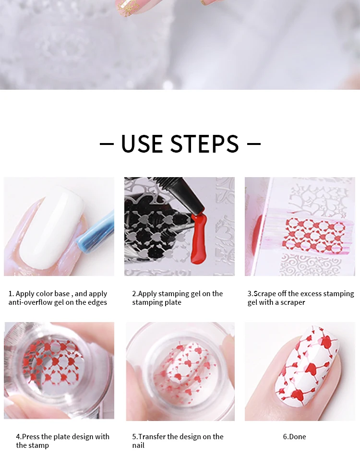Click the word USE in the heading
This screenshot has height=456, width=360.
[x=142, y=144]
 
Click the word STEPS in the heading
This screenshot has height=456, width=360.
[x=204, y=144]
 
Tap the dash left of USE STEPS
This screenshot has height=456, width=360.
[x=107, y=144]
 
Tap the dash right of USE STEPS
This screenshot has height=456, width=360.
[x=253, y=144]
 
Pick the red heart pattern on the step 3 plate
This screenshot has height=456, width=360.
[x=315, y=235]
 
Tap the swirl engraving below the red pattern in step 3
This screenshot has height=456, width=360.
[x=311, y=264]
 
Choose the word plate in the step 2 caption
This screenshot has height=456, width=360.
[x=173, y=302]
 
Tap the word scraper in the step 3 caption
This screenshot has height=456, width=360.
[x=292, y=302]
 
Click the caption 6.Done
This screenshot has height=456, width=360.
[x=294, y=436]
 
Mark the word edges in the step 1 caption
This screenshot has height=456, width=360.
[x=97, y=302]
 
